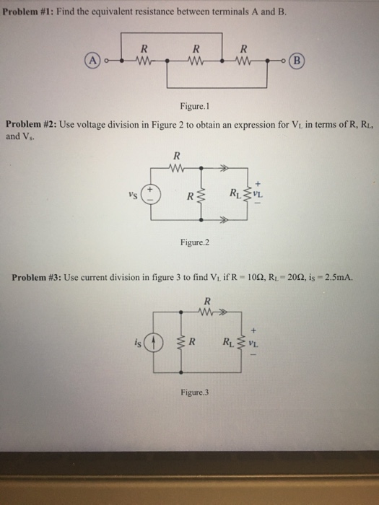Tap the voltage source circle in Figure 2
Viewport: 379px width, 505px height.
(x=152, y=195)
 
